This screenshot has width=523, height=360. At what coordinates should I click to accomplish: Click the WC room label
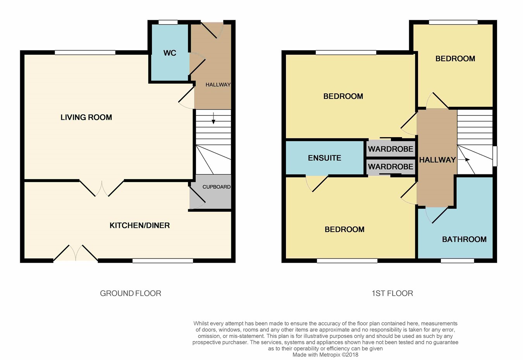click(x=170, y=53)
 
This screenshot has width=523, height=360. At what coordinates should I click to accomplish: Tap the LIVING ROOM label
click(x=86, y=117)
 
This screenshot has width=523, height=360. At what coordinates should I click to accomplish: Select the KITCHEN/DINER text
click(x=139, y=226)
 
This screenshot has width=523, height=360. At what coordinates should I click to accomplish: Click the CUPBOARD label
click(x=217, y=187)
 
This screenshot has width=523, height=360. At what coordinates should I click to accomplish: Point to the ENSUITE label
click(x=325, y=158)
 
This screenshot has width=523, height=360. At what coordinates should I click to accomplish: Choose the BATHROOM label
click(x=465, y=239)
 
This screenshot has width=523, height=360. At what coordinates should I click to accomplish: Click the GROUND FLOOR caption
click(x=131, y=293)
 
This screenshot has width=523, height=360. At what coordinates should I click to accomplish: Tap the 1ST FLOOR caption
click(x=392, y=293)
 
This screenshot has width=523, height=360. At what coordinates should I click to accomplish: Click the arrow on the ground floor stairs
click(x=213, y=118)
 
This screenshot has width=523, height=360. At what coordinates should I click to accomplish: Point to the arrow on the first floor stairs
click(x=464, y=160)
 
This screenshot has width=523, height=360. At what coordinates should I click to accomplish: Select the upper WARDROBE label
click(x=391, y=149)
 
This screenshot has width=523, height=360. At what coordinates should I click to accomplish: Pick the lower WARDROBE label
click(x=391, y=167)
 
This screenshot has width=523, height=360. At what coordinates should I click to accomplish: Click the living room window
click(x=85, y=53)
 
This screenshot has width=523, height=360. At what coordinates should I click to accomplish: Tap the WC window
click(x=168, y=22)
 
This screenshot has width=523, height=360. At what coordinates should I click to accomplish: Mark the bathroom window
click(x=458, y=261)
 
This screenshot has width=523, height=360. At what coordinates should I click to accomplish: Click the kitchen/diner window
click(x=163, y=261)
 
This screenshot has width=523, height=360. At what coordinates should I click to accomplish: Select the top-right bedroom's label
click(x=455, y=59)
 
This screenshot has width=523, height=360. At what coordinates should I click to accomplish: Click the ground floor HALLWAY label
click(x=218, y=85)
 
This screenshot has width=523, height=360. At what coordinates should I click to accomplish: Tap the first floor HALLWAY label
click(x=437, y=160)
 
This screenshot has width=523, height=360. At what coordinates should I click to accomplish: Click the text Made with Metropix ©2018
click(x=325, y=355)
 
